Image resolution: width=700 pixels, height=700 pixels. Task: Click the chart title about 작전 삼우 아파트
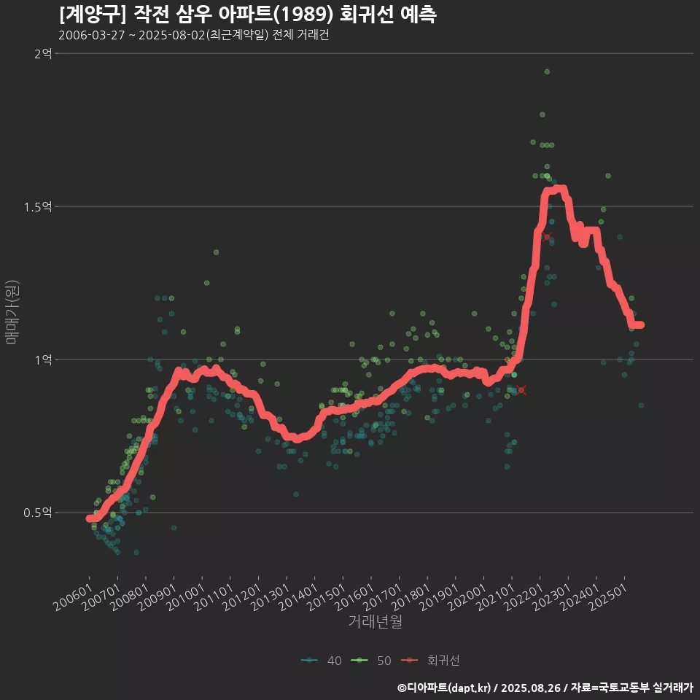point(247,15)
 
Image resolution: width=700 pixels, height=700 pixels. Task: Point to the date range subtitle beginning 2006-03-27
point(193,36)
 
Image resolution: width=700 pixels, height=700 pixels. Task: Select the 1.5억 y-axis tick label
point(38,206)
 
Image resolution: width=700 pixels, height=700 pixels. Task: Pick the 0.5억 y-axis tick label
point(38,513)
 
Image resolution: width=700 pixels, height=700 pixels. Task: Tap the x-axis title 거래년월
point(375,621)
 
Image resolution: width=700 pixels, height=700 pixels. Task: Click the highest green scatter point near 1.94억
point(547,71)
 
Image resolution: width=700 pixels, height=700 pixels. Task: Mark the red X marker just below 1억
point(521,390)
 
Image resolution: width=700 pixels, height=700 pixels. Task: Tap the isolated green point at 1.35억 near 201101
point(216,252)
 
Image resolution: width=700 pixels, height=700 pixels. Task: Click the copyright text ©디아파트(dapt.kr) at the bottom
point(446,687)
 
